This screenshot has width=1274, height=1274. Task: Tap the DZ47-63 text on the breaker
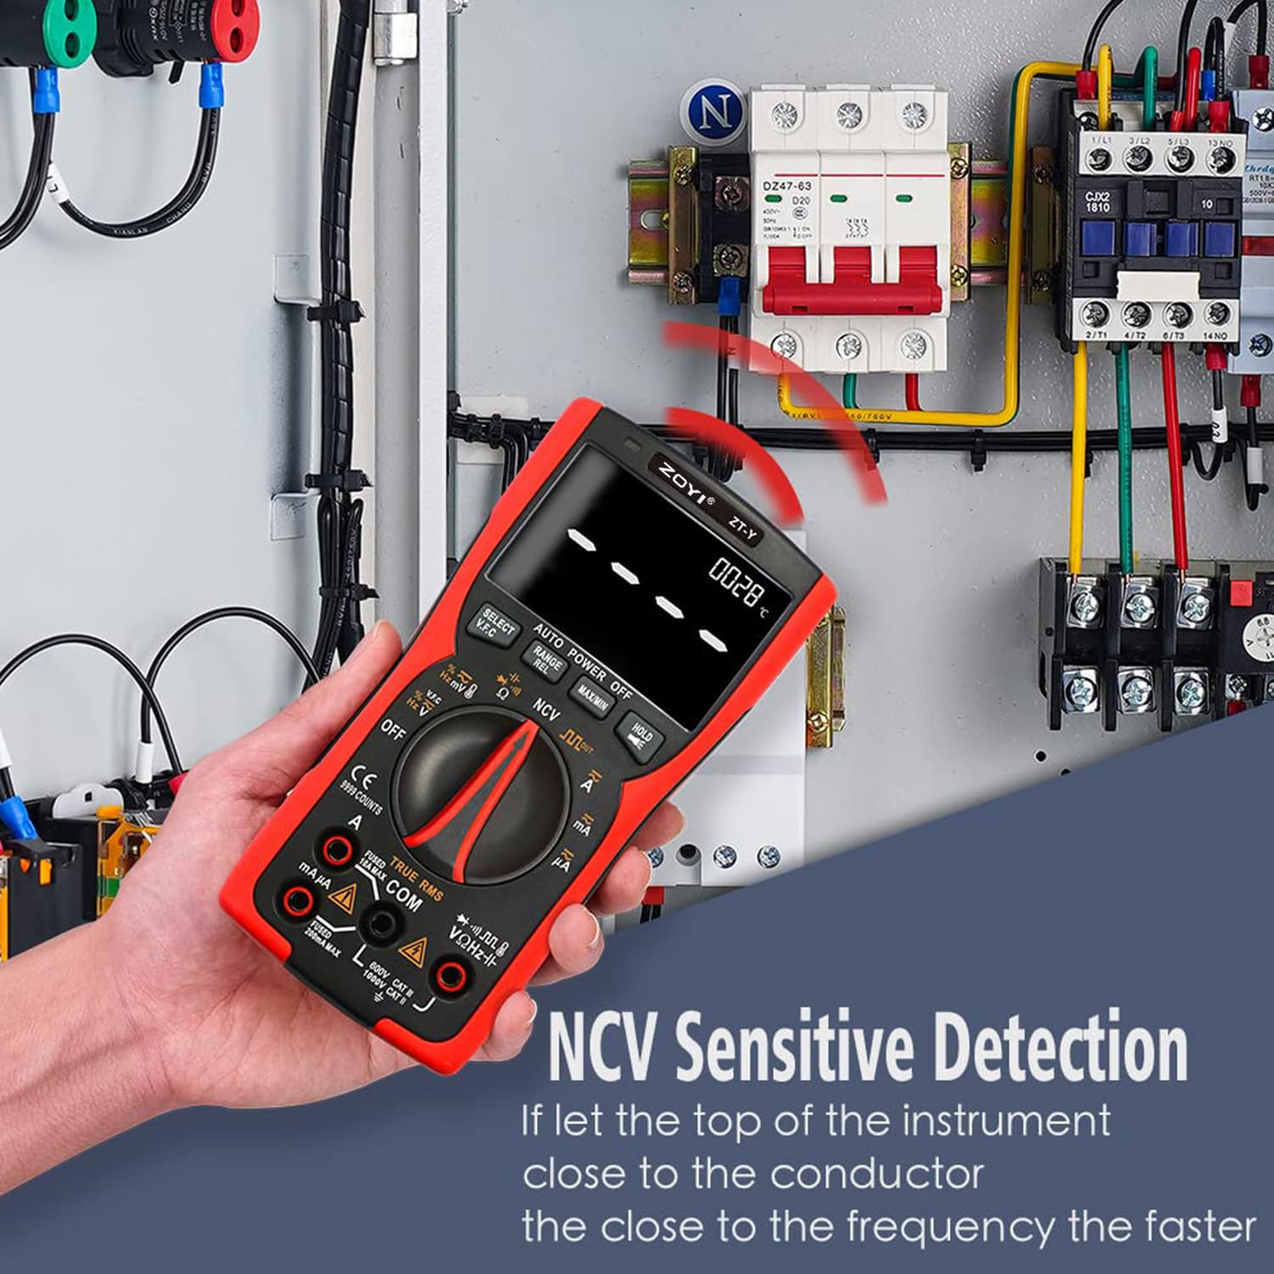(786, 186)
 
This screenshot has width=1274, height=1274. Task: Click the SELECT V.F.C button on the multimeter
(497, 627)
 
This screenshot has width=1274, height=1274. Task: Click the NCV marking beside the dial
(546, 708)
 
